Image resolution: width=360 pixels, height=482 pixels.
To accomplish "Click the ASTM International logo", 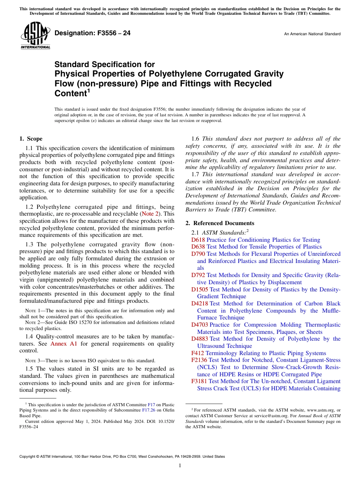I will tap(35, 35).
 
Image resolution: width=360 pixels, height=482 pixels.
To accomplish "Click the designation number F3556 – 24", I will tap(92, 33).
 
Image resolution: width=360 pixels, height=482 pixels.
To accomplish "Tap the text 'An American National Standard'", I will tap(312, 34).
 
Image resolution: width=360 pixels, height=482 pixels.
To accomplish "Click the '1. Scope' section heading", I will tap(31, 139).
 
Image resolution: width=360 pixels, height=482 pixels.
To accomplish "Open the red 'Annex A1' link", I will tap(64, 344).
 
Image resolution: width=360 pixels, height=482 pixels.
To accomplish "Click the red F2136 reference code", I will tap(199, 360).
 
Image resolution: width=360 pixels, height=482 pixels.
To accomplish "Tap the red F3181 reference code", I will tap(199, 381).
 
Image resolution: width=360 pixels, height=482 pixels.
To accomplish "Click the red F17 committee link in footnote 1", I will tap(151, 405).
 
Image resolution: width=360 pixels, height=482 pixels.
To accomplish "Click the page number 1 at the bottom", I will tap(180, 466).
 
